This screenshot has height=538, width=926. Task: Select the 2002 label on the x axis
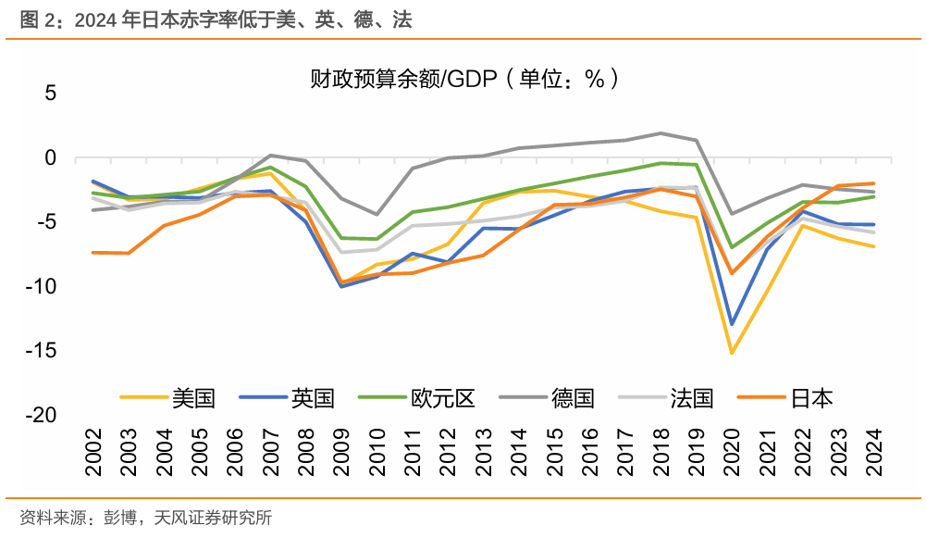tap(94, 453)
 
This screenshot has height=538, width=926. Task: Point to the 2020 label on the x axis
tap(733, 453)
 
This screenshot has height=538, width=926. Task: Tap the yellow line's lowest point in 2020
tap(732, 353)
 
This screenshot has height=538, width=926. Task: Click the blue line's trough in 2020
tap(732, 324)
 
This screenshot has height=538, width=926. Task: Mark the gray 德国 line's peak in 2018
tap(661, 133)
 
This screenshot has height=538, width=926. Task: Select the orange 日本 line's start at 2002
tap(93, 252)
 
